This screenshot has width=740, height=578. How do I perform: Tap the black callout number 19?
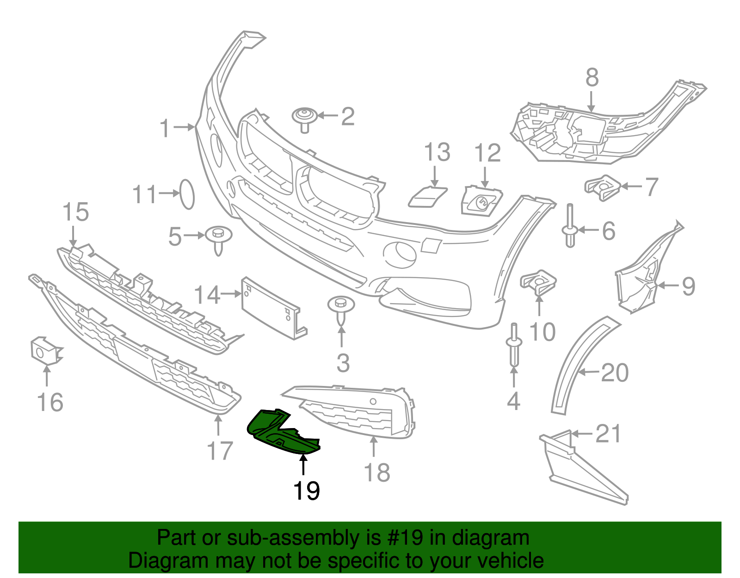point(306,491)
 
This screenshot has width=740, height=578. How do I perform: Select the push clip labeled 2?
point(305,119)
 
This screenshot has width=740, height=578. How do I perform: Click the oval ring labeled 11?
point(187,194)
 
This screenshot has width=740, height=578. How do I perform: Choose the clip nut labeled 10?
point(538,282)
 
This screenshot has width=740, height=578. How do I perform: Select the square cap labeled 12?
point(481,201)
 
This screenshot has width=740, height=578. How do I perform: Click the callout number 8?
point(592,78)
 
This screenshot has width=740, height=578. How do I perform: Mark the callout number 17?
point(220,451)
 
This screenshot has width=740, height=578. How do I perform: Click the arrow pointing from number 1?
point(184,127)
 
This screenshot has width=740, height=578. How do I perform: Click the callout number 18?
point(377,473)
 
